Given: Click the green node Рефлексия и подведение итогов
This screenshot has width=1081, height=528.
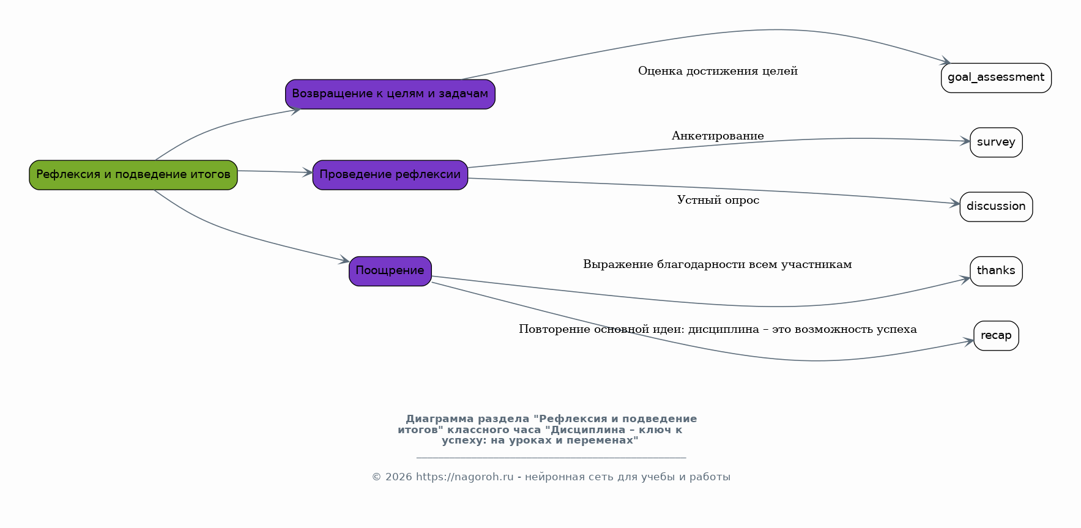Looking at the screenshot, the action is coord(133,175).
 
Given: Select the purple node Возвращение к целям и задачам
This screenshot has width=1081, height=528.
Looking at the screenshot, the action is coord(390,94).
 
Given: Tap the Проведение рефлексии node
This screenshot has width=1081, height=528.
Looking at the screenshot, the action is coord(390,175).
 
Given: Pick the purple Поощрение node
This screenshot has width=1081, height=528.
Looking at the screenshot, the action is coord(390,271).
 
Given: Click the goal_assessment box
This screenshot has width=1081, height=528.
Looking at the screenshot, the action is coord(996,78).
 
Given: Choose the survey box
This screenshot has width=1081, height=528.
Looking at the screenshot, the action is coord(996,143).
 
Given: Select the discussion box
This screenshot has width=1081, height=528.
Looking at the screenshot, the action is coord(996,207).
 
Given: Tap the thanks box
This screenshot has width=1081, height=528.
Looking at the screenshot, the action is coord(996,271).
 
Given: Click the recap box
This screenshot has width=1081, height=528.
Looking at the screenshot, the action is coord(996,336).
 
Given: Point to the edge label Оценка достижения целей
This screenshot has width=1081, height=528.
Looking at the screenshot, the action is coord(718,71).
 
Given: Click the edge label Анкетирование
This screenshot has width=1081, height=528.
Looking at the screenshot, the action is coord(718,136).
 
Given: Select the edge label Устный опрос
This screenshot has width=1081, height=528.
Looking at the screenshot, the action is coord(718,200).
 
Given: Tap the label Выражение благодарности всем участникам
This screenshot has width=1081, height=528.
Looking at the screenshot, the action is coord(718,264).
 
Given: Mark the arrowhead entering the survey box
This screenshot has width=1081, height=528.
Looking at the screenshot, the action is coord(965,141).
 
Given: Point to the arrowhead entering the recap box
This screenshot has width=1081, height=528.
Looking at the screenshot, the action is coord(969,341).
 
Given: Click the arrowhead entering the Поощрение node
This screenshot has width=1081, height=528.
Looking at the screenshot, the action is coord(344,261).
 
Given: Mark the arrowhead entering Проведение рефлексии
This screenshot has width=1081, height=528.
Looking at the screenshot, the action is coord(308,173).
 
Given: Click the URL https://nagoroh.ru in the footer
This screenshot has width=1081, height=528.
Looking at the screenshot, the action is coord(465,477).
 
